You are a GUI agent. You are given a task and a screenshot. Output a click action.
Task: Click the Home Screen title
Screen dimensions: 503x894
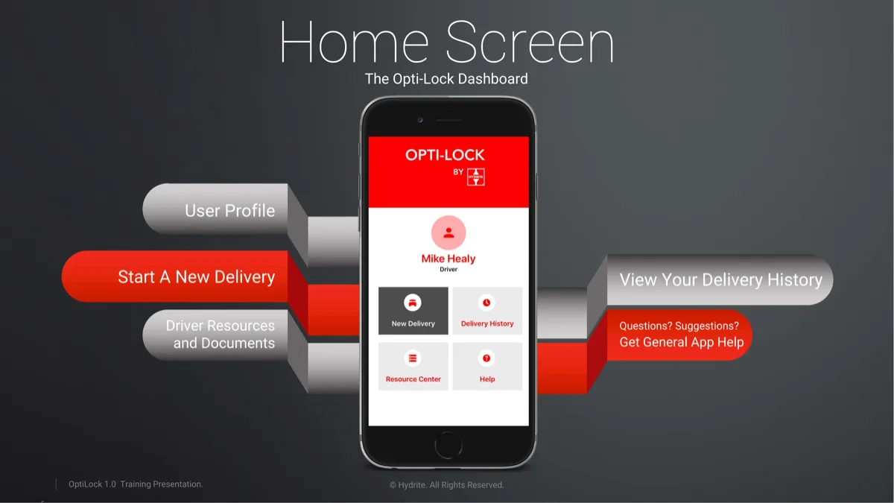(447, 43)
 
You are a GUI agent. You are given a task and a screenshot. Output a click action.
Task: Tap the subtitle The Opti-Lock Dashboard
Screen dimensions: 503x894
(446, 79)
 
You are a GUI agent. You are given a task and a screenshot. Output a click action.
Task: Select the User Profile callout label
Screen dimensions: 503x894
(229, 211)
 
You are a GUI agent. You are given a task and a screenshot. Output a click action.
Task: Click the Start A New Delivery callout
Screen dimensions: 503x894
(196, 277)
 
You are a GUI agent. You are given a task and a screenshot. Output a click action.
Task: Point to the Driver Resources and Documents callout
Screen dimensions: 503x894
(220, 335)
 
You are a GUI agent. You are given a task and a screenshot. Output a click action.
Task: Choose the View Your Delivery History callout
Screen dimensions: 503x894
(720, 280)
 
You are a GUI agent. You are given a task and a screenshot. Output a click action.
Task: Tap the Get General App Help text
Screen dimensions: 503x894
(681, 342)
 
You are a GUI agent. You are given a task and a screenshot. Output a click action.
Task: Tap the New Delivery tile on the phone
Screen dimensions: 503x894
(413, 311)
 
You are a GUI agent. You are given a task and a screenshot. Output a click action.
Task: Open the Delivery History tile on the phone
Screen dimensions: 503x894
(487, 311)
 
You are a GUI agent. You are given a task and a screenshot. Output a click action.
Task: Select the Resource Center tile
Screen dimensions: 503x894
(413, 366)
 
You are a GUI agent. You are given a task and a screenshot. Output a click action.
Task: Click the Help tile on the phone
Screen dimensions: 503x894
(487, 366)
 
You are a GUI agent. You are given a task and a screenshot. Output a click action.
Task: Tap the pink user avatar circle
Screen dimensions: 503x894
(448, 233)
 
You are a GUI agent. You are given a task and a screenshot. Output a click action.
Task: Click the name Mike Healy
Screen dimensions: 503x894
(448, 259)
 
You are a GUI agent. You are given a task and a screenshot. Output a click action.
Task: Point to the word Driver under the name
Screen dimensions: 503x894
(448, 270)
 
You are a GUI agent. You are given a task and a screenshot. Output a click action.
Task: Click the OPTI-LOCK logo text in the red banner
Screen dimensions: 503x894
(445, 155)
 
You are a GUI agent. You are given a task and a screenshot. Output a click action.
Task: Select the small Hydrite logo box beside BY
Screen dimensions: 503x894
(475, 176)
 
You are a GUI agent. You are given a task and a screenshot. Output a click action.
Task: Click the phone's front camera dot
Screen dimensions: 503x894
(420, 119)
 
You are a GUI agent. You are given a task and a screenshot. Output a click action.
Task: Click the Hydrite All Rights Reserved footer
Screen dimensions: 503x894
(446, 485)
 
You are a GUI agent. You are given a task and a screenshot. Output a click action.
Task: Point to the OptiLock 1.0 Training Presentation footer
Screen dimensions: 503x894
(136, 484)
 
